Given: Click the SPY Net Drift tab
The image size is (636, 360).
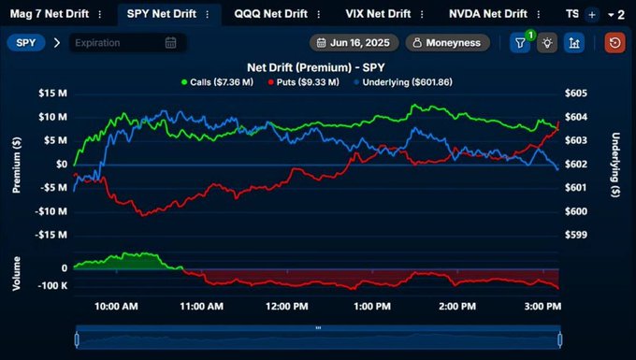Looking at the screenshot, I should coord(161,14).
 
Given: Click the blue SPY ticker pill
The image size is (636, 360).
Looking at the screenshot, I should coord(26,43).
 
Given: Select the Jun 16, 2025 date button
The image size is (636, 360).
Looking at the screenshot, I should coord(354,43).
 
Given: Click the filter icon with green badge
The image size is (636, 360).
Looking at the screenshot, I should coord(520,43).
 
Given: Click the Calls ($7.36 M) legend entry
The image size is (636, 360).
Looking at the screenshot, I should coord(216,82).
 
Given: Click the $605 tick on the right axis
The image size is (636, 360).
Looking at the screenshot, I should coord(576,94).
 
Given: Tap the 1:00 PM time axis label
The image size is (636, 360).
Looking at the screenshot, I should coord(372,306).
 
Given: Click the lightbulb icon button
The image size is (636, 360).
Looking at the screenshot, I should coord(547,43).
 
